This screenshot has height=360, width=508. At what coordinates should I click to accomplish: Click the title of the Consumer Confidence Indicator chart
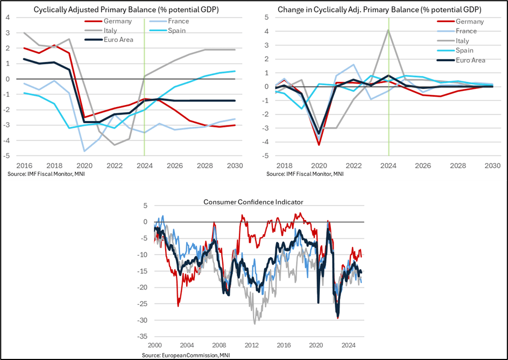click(253, 202)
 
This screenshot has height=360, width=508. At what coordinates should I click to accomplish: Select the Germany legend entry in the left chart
click(117, 21)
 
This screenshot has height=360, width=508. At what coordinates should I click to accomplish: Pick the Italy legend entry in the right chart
click(462, 41)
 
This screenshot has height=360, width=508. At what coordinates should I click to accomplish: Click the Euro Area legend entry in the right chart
click(470, 60)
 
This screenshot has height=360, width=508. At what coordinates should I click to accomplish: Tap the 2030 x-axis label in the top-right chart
click(492, 165)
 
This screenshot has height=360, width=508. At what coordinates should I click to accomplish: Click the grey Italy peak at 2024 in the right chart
click(389, 30)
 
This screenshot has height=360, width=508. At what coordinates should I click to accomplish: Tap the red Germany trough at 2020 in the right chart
click(319, 145)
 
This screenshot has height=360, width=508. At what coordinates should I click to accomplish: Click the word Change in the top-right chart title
click(291, 10)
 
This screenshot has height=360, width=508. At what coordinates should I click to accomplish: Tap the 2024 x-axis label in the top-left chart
click(144, 164)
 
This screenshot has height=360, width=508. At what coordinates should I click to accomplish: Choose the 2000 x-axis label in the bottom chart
click(155, 344)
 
